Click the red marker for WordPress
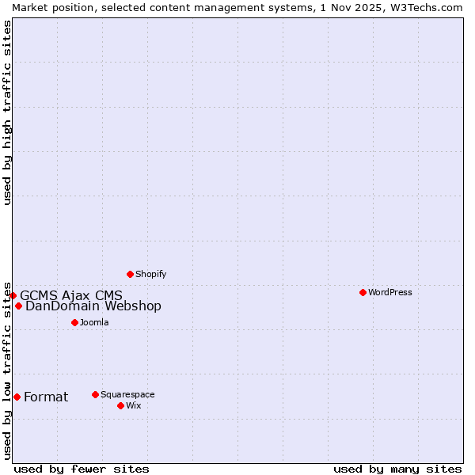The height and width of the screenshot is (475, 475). pos(363,292)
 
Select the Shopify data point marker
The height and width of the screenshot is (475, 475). pos(130,274)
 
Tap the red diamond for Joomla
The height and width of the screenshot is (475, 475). pos(74,322)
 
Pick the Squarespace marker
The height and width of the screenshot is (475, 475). pos(95,394)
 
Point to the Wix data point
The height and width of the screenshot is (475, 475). pos(120,405)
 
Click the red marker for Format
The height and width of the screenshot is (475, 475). pos(17,397)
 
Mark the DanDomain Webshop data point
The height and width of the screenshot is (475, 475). pos(18,306)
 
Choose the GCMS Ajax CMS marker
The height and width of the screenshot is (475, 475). pos(13,295)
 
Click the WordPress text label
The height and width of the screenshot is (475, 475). pos(390,292)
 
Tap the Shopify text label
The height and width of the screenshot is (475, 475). pos(150,274)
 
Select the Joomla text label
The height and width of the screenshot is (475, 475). pos(94,322)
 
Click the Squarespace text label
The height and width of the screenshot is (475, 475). pos(127,394)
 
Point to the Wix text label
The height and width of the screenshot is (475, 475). pos(133,405)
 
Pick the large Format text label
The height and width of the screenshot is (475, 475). pos(46,397)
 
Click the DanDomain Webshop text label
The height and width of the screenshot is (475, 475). pos(93,306)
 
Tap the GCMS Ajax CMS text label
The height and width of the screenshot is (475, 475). pos(71,295)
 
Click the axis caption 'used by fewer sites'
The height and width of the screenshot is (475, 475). pos(82,469)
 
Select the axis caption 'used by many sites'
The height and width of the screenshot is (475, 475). pos(397,469)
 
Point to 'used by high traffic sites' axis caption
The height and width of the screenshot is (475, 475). pos(7,112)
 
